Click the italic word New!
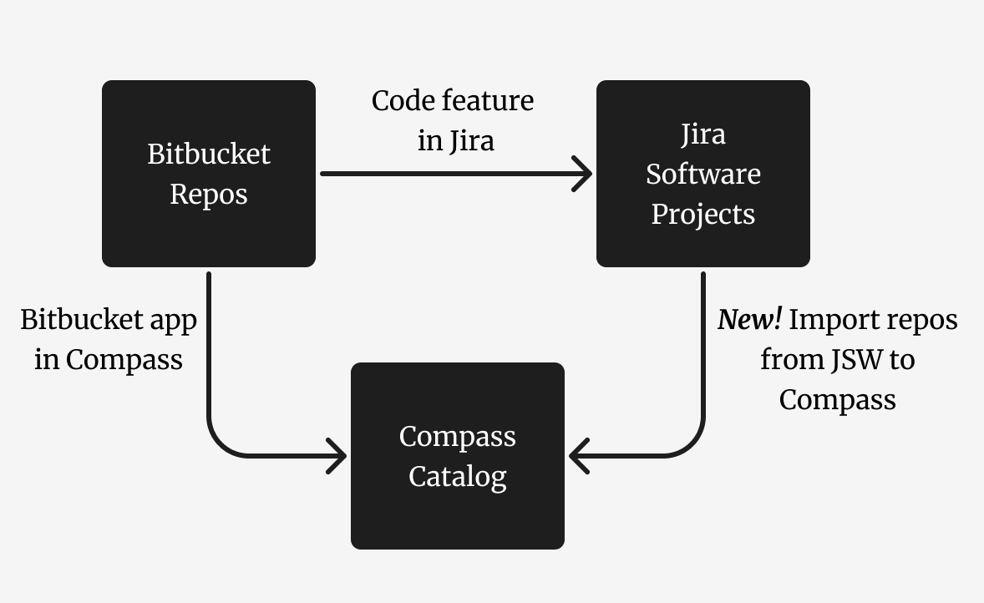coord(749,320)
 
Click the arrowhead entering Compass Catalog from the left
coord(337,457)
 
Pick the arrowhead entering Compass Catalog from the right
coord(578,457)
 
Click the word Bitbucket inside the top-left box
coord(209,155)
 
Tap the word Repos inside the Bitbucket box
coord(209,195)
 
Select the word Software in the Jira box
coord(702,175)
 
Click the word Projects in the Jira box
coord(702,215)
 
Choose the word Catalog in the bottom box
coord(457,477)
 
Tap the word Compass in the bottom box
coord(457,437)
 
